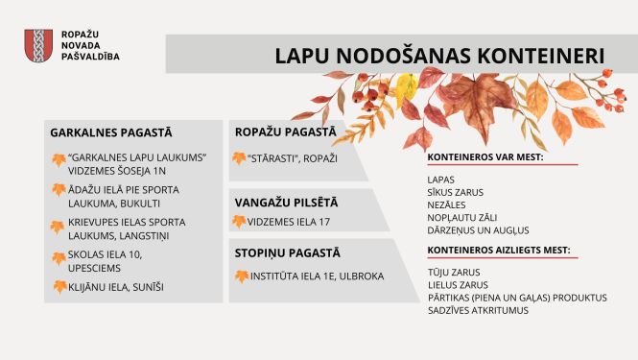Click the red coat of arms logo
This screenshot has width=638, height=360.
click(x=36, y=45)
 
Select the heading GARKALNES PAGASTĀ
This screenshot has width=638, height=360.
click(x=110, y=132)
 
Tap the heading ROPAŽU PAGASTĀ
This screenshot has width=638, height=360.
click(x=287, y=132)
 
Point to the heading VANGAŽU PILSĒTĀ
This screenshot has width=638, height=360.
click(x=287, y=202)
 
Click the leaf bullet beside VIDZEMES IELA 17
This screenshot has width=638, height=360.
click(x=239, y=221)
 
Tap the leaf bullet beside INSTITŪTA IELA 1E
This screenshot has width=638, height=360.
click(x=239, y=276)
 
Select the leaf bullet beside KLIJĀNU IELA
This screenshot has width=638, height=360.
click(x=59, y=286)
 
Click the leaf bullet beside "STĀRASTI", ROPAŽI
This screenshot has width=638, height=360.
click(x=239, y=156)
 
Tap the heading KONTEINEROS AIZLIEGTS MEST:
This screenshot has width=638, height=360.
click(x=499, y=250)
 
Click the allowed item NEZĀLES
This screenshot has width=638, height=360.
click(x=448, y=204)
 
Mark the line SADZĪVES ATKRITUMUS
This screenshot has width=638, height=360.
click(x=479, y=310)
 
